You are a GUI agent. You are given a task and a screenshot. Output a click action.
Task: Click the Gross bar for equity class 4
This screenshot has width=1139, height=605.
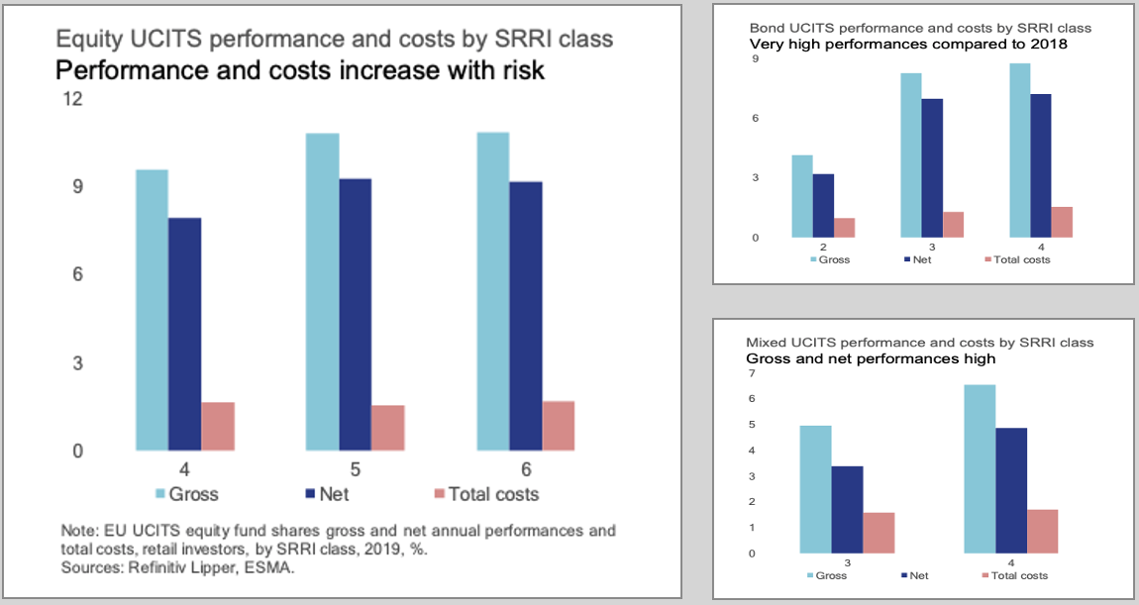click(152, 310)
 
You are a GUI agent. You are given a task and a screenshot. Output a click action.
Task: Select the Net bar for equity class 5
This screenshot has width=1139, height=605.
click(355, 315)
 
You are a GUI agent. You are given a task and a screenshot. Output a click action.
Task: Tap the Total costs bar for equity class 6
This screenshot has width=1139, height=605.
click(559, 426)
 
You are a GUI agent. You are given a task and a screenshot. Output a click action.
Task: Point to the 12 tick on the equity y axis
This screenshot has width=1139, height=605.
click(71, 99)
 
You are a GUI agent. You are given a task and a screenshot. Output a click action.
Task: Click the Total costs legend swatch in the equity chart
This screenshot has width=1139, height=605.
click(441, 493)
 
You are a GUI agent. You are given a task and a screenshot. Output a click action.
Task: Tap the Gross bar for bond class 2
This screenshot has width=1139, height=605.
click(802, 196)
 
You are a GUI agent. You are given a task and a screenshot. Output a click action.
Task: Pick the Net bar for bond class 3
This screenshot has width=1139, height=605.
click(931, 168)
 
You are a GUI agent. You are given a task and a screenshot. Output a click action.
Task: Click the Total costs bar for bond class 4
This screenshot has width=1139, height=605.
click(1062, 222)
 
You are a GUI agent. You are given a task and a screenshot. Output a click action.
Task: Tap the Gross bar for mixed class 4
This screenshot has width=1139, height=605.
click(979, 468)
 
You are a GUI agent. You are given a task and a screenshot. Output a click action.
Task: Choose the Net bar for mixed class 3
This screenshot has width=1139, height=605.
click(847, 509)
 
